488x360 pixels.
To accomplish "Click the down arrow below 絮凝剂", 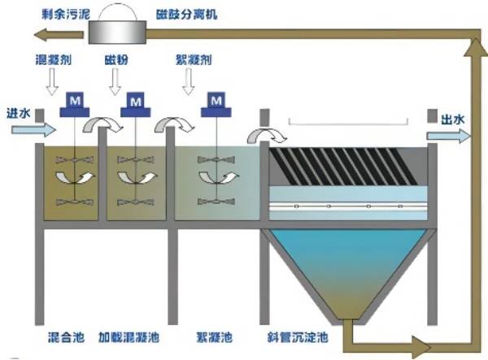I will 190,81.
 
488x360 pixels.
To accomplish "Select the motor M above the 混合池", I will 74,101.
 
